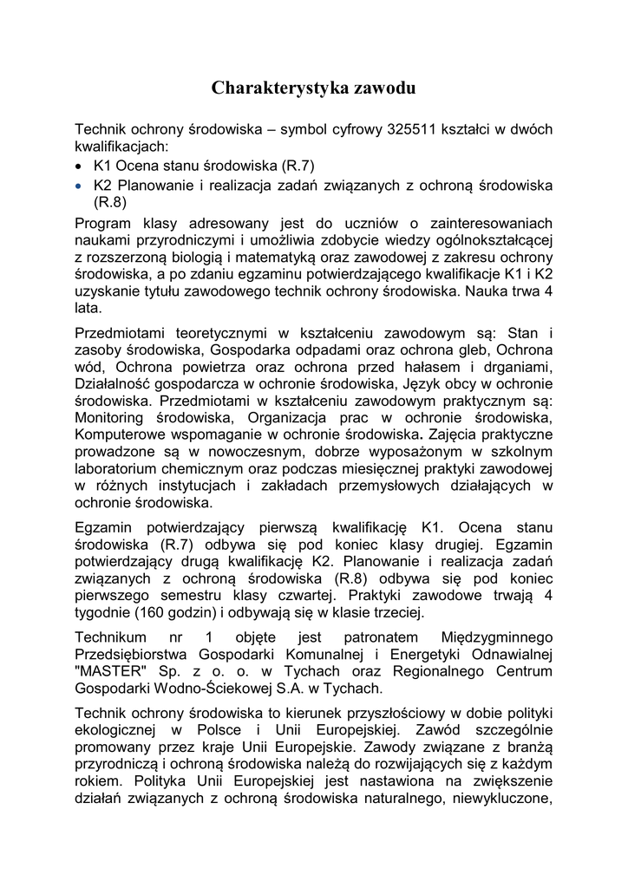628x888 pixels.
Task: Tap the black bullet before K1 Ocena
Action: [79, 165]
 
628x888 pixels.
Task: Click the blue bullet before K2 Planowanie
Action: [79, 186]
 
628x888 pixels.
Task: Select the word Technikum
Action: [111, 637]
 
